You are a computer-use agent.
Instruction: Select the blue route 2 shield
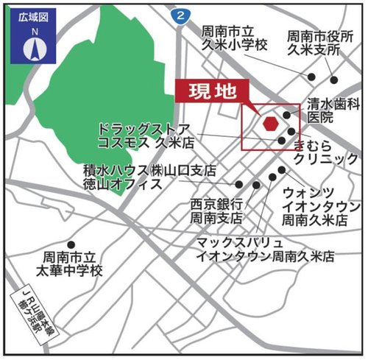(x=180, y=14)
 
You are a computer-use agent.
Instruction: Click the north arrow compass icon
(x=33, y=49)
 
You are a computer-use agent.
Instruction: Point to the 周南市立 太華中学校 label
(x=71, y=264)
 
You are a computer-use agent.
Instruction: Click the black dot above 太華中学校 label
(x=71, y=244)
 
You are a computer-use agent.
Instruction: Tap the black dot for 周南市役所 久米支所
(x=335, y=80)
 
